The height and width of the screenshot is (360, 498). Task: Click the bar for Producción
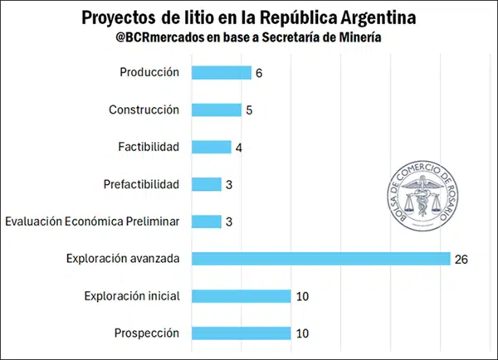point(221,72)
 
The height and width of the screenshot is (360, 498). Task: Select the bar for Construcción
point(216,109)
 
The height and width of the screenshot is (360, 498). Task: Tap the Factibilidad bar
point(211,147)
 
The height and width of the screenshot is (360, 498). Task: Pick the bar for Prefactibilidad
point(206,184)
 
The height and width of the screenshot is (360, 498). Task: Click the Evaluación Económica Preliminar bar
point(206,221)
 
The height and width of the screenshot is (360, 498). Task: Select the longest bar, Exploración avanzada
point(320,259)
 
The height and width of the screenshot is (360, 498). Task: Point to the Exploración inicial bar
point(241,296)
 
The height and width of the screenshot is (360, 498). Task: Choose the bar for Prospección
point(241,333)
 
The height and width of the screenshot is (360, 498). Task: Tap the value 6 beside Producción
point(259,73)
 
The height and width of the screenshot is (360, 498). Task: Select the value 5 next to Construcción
point(249,110)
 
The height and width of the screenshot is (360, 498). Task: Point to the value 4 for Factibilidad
point(239,148)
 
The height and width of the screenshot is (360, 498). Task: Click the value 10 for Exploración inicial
point(304,297)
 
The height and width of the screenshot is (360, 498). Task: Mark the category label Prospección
point(149,333)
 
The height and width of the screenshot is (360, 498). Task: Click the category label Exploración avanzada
point(123,259)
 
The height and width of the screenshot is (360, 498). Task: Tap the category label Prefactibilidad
point(142,184)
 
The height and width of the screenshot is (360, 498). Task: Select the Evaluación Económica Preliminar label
point(92,221)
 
